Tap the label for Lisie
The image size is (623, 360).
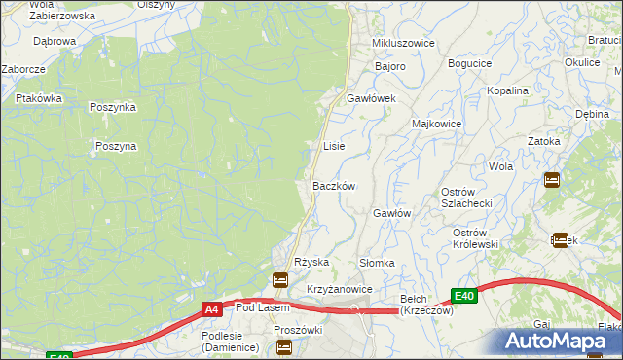(x=334, y=146)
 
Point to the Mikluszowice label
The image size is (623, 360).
(x=403, y=45)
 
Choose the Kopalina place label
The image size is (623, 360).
(x=508, y=90)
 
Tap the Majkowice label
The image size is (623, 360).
(x=436, y=125)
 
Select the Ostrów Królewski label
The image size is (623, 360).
(x=476, y=238)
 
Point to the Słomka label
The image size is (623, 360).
(x=377, y=263)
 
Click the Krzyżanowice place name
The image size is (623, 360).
(x=340, y=290)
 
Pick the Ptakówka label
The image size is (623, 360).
(x=39, y=98)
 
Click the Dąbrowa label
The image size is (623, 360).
(x=55, y=42)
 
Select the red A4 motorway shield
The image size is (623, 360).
(x=211, y=309)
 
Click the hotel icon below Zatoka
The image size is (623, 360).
(x=551, y=179)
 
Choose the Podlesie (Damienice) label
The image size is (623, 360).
(x=229, y=342)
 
